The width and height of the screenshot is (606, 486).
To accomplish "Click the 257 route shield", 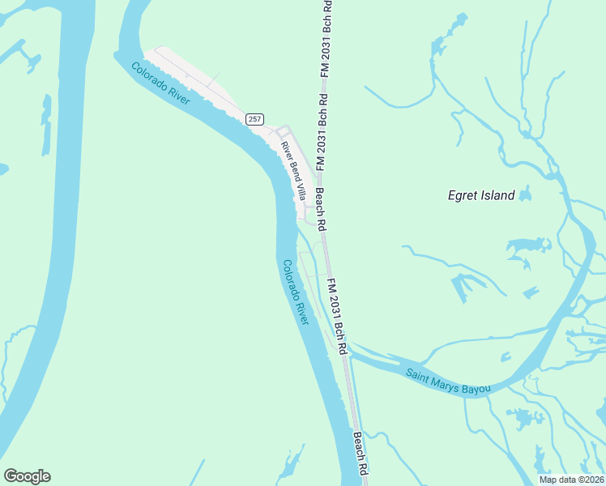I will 255,119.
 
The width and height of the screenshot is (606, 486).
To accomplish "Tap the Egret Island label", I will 481,195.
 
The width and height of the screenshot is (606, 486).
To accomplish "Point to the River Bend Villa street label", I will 293,171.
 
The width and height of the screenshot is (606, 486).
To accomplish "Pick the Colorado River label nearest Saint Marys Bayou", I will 295,292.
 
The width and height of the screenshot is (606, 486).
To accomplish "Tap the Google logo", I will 27,476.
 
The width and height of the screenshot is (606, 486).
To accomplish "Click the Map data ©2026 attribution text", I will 571,480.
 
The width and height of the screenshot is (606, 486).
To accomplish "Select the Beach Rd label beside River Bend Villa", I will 321,208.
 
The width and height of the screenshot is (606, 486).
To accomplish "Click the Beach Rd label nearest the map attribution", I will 361,454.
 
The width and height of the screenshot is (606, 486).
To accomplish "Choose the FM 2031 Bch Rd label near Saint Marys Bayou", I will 337,316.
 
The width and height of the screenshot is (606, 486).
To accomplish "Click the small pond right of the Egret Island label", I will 525,195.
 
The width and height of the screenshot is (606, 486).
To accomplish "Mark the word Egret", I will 463,195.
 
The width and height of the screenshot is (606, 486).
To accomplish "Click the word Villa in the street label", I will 300,190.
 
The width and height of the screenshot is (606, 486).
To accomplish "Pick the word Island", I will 497,195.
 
